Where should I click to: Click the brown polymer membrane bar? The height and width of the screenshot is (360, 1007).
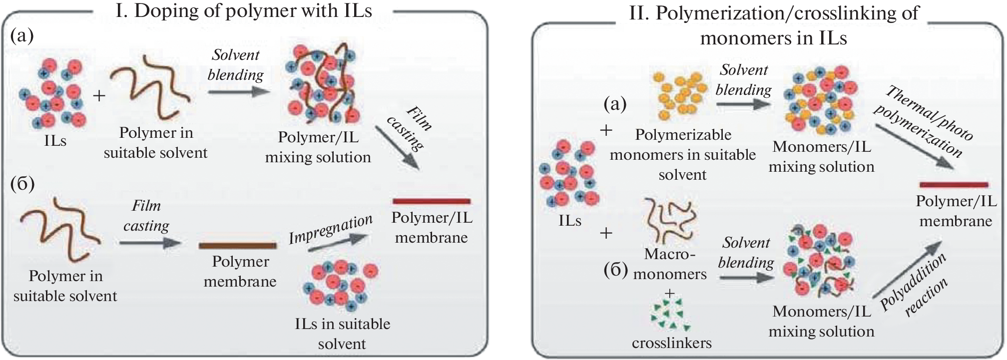pyautogui.click(x=237, y=246)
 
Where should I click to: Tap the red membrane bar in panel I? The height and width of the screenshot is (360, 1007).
pyautogui.click(x=432, y=201)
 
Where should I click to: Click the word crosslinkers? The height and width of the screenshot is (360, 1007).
pyautogui.click(x=671, y=343)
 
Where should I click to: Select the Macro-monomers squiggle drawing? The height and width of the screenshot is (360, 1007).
pyautogui.click(x=669, y=219)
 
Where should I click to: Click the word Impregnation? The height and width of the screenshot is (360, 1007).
pyautogui.click(x=331, y=229)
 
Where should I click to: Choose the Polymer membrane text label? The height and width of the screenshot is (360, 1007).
pyautogui.click(x=240, y=272)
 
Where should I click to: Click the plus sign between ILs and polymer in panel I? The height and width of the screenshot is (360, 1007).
pyautogui.click(x=99, y=95)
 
